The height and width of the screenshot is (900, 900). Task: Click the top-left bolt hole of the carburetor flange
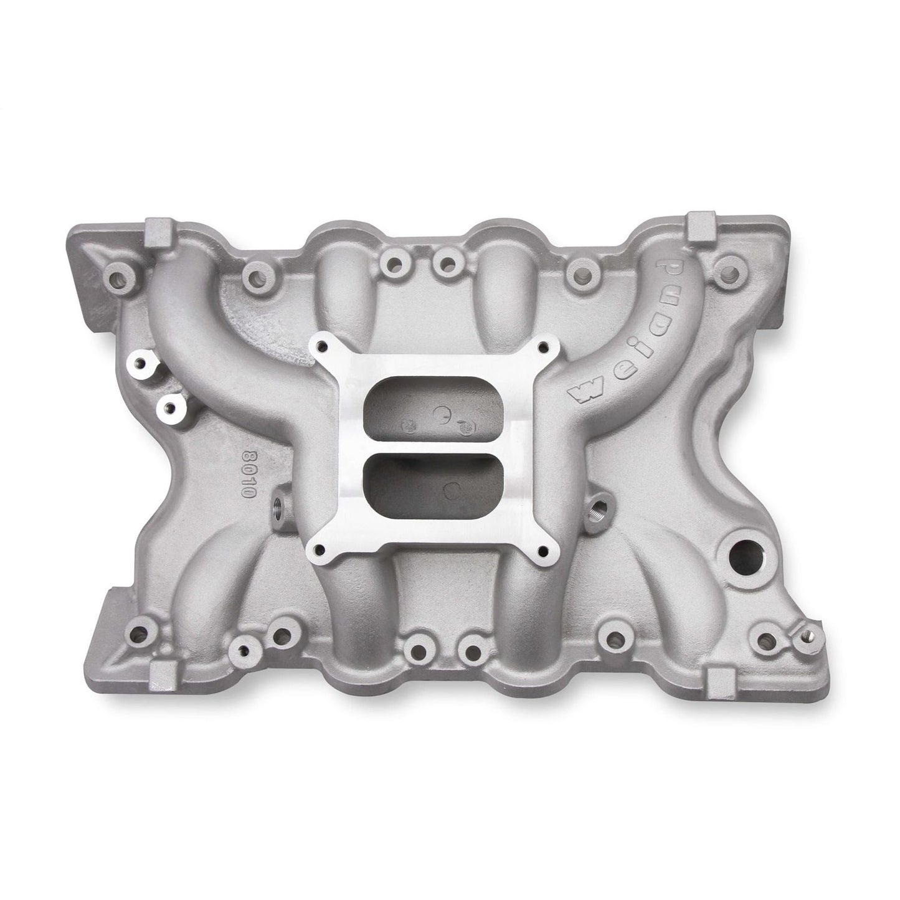click(323, 346)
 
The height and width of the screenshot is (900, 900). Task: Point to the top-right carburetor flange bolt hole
click(545, 346)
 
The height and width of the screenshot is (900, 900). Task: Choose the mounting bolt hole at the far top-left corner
click(115, 272)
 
